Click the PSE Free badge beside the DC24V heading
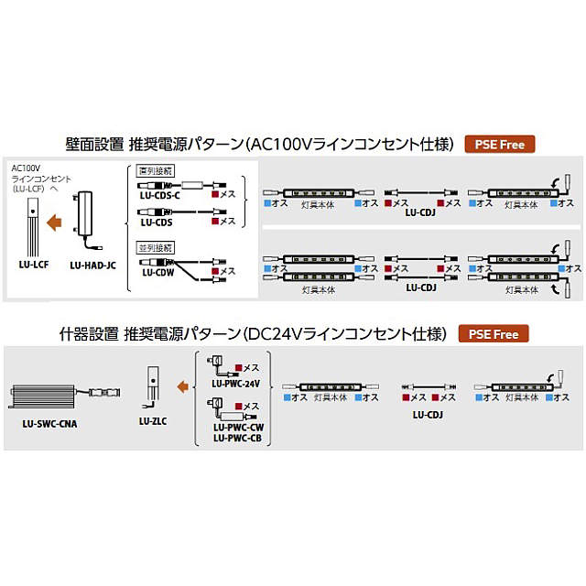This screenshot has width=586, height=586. tap(493, 334)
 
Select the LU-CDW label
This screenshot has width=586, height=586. tap(157, 272)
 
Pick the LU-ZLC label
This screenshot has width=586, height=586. tap(152, 421)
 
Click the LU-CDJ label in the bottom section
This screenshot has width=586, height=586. tap(428, 414)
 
